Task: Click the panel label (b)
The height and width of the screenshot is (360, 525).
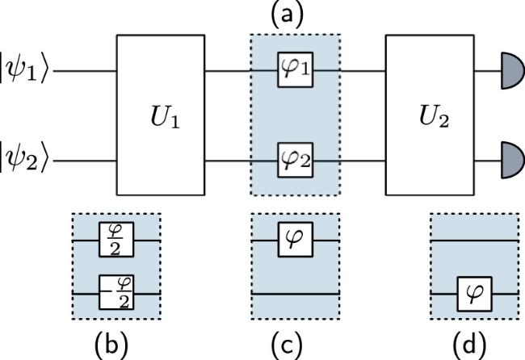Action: coord(116,345)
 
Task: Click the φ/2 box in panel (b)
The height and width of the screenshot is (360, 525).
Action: coord(117,241)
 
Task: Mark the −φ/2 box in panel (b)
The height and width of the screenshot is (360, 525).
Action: coord(115,287)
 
